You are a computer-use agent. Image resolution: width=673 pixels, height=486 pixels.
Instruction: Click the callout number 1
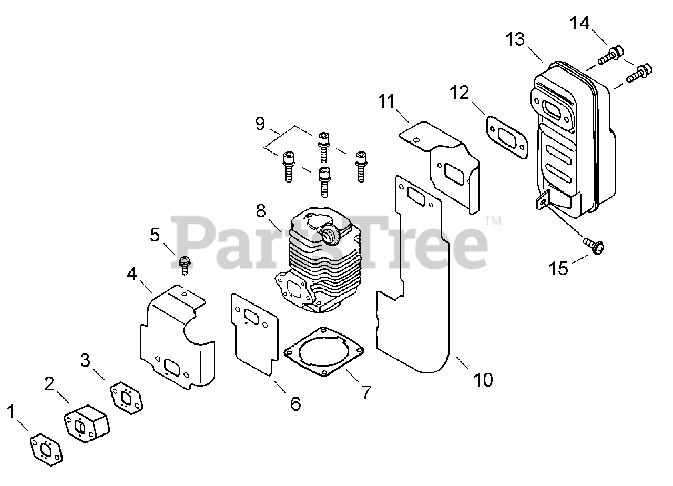click(11, 411)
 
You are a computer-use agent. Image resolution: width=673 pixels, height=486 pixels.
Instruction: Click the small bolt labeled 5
click(185, 264)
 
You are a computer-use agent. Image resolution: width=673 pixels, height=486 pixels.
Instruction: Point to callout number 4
click(131, 274)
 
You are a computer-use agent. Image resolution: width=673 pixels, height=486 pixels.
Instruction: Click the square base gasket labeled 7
click(323, 352)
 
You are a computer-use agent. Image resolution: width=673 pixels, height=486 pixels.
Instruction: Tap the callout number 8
click(261, 211)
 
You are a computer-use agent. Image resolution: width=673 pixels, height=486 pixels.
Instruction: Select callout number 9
click(260, 124)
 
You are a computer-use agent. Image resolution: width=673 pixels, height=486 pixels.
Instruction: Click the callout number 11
click(388, 100)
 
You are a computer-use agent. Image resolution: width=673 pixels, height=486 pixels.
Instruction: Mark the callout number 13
click(516, 39)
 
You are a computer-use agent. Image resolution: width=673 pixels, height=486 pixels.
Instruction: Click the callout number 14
click(580, 23)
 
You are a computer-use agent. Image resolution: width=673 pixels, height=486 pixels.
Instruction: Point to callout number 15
click(558, 268)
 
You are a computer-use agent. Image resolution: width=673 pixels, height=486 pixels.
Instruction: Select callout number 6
click(295, 403)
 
